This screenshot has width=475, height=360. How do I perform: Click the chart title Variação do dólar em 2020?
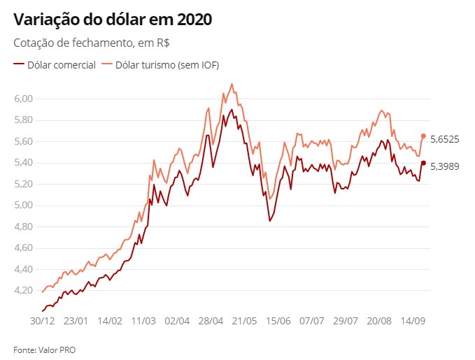pyautogui.click(x=112, y=20)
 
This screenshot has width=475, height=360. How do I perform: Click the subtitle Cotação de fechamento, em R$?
pyautogui.click(x=92, y=43)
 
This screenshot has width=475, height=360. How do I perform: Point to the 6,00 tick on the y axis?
pyautogui.click(x=23, y=99)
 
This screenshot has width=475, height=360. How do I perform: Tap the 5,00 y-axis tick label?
pyautogui.click(x=23, y=206)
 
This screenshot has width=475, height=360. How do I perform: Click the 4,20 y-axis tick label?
pyautogui.click(x=23, y=291)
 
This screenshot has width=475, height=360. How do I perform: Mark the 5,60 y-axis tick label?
pyautogui.click(x=23, y=141)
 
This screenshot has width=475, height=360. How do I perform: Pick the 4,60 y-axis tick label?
pyautogui.click(x=23, y=248)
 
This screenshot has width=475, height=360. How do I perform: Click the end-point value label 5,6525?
pyautogui.click(x=444, y=139)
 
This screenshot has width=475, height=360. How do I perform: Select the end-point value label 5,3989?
pyautogui.click(x=444, y=166)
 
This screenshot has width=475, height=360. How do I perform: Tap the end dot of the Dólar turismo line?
pyautogui.click(x=423, y=136)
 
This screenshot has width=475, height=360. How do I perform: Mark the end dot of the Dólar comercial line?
pyautogui.click(x=423, y=163)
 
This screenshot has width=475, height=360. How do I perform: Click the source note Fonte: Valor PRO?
pyautogui.click(x=44, y=349)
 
